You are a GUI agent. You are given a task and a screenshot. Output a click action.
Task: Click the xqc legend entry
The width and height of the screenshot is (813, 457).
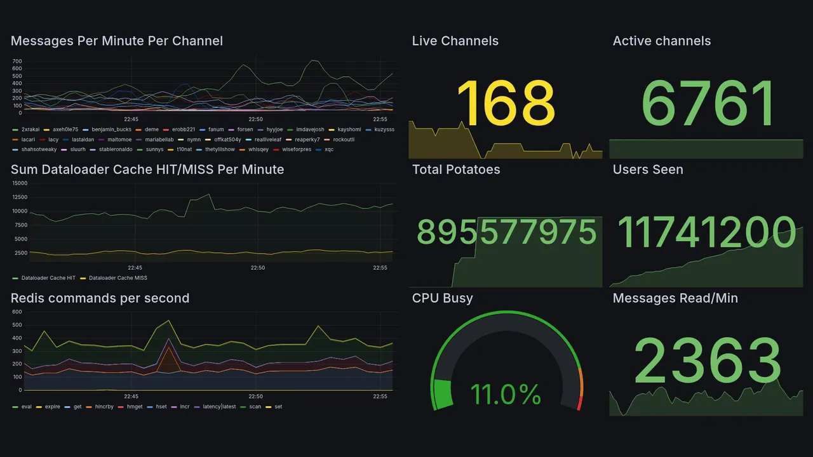328,150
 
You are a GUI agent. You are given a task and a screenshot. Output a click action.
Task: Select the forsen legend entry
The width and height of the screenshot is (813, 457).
245,129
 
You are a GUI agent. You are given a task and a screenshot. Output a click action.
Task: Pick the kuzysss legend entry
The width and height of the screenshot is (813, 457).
384,129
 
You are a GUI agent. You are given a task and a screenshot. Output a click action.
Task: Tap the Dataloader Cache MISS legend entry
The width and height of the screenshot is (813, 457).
118,278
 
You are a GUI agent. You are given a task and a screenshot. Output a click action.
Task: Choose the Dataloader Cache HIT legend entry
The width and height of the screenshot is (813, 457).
48,278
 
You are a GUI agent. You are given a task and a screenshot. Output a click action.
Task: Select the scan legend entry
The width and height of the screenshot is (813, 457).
255,407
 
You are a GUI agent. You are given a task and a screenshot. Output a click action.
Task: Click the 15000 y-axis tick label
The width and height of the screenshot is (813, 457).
20,183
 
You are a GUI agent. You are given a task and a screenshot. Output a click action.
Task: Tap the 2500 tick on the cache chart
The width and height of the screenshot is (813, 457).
22,253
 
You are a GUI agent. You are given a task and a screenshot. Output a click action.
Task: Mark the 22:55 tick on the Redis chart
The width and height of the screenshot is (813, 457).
380,397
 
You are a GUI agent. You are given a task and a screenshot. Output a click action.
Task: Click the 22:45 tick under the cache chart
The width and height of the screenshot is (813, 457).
135,268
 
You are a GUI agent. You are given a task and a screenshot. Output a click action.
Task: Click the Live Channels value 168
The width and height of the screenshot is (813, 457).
506,103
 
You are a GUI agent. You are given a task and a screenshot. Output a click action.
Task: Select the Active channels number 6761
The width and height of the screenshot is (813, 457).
708,103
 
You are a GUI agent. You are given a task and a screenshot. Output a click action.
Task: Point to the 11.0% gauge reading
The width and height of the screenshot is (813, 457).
506,394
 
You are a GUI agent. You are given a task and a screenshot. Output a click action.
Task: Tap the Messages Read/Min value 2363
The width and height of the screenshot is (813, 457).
708,361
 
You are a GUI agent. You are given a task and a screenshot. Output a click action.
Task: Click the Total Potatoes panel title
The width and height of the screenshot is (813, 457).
456,169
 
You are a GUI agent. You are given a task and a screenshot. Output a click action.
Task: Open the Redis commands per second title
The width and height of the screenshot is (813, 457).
100,298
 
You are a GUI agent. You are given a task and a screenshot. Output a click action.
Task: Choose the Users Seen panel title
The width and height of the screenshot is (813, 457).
648,169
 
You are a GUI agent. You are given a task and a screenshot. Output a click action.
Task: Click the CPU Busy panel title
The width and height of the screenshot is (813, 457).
442,298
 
